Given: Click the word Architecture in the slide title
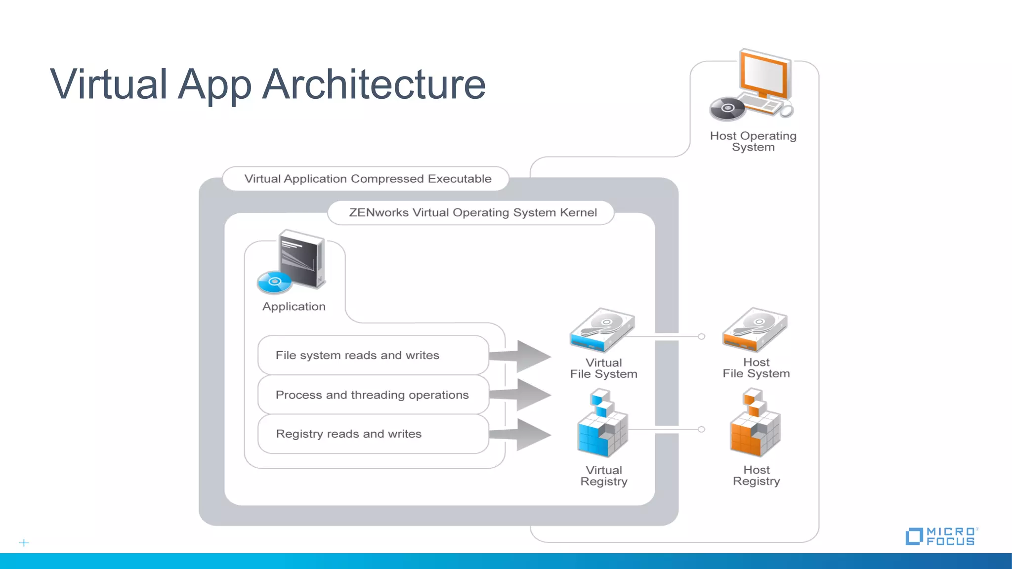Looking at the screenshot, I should coord(374,84).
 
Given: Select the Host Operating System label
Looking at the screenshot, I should coord(753,141).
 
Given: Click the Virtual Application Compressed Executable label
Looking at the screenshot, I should coord(368,179).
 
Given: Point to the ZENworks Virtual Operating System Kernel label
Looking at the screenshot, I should coord(472,212).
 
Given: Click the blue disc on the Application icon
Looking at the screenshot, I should coord(274,282).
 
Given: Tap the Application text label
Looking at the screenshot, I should coord(294,307).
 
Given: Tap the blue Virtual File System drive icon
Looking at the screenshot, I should coord(602,329).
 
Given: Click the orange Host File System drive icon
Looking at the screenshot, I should coord(755,329).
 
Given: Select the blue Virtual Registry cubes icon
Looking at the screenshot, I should coord(602,425).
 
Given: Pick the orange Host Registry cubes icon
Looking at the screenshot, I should coord(755,425).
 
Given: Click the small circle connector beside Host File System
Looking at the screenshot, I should coord(701,336).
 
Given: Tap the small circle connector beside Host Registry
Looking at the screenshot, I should coord(701,429).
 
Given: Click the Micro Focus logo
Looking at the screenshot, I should coord(941,536).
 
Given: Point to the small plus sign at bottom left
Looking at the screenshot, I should coord(24,543).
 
